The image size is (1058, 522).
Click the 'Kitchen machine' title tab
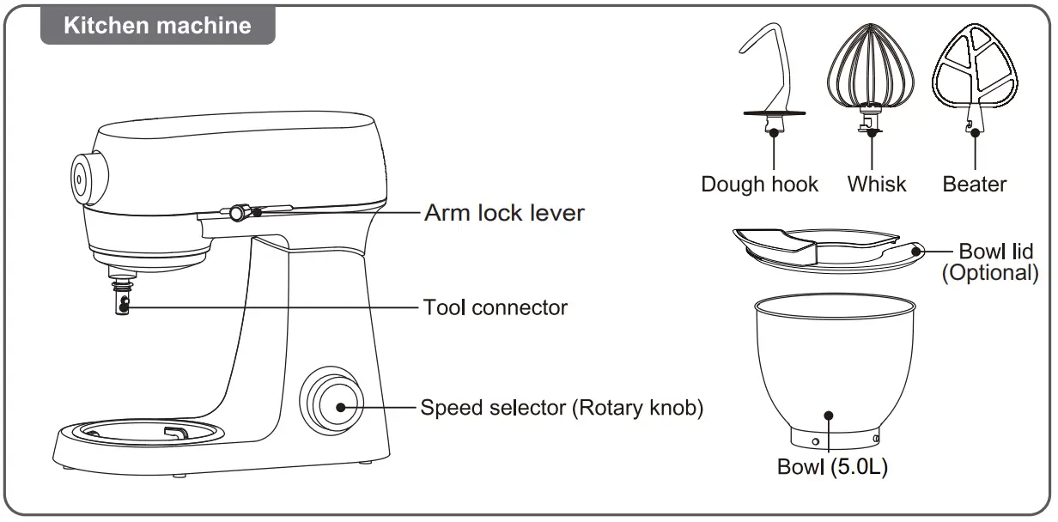(158, 25)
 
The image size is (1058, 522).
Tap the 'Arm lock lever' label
(504, 212)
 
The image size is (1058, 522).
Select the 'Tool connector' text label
(495, 307)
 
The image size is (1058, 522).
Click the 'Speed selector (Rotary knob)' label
(562, 407)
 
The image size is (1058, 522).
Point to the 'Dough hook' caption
(759, 184)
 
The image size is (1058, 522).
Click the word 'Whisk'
(876, 184)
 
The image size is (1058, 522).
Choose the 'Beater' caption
(975, 184)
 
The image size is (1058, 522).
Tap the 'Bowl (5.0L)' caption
(831, 467)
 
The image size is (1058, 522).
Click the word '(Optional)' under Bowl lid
(989, 273)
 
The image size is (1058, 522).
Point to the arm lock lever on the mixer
(240, 211)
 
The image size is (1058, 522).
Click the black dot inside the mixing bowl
(829, 415)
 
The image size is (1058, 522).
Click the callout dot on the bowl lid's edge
(916, 252)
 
